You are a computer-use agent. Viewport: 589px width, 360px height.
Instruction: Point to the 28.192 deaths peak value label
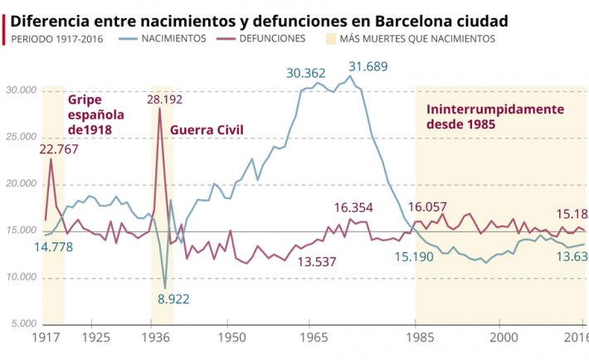pyautogui.click(x=165, y=99)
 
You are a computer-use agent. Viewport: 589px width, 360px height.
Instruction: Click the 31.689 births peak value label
pyautogui.click(x=368, y=66)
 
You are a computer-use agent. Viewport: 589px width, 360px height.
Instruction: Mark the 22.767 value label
pyautogui.click(x=59, y=149)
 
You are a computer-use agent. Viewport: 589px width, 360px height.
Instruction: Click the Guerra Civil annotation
pyautogui.click(x=207, y=130)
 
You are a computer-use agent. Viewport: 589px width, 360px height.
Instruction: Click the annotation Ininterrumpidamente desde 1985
pyautogui.click(x=495, y=116)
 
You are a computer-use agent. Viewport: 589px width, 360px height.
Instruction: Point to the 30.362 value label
pyautogui.click(x=306, y=73)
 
